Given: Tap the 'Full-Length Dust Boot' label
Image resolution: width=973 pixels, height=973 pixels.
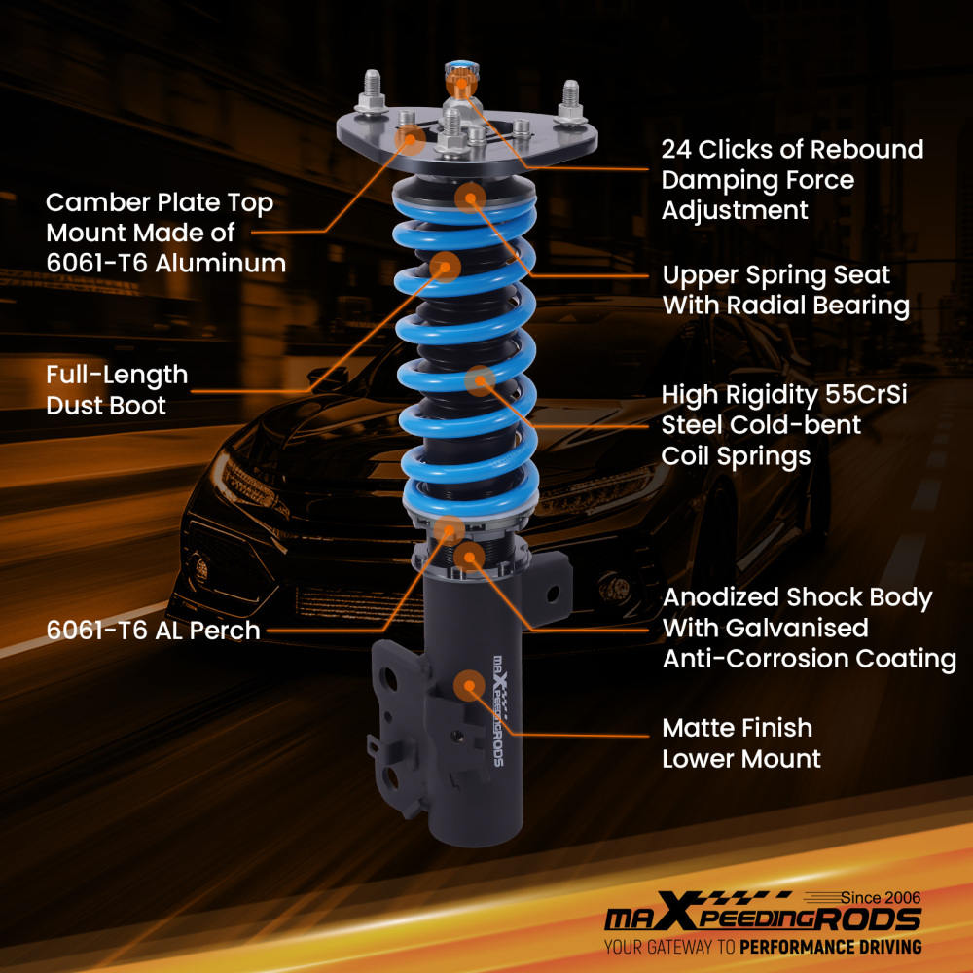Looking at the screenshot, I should (x=117, y=389).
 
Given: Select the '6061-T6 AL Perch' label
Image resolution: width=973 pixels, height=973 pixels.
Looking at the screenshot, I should (x=153, y=631).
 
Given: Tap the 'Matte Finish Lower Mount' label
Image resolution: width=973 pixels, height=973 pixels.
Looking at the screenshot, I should (x=740, y=742).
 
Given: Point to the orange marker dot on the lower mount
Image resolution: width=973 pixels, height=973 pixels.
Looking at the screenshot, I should (x=470, y=685).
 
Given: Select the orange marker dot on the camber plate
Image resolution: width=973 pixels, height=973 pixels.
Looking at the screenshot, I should (x=411, y=141).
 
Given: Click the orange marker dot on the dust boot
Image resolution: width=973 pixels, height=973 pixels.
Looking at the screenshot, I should (x=445, y=265).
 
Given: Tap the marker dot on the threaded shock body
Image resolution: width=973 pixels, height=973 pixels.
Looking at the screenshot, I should (x=471, y=557).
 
